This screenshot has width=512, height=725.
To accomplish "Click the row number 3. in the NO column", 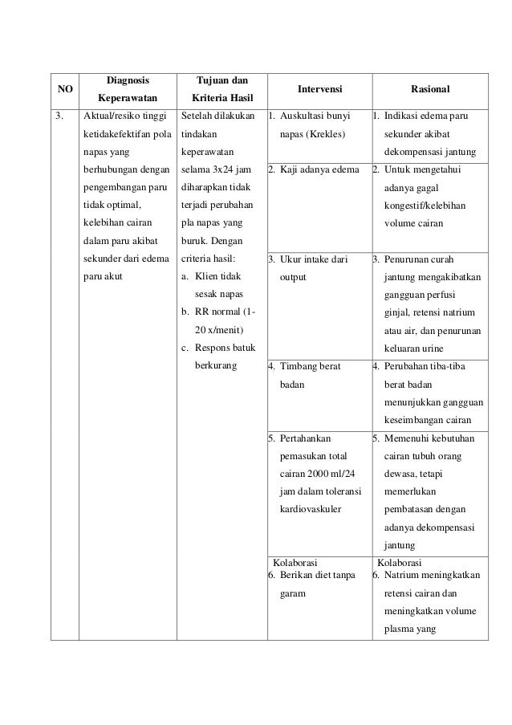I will (59, 116).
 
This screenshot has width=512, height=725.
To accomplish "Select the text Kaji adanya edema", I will (315, 170).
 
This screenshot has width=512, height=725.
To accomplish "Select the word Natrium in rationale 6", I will (402, 576).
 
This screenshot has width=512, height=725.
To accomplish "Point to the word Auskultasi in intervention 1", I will (303, 116).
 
